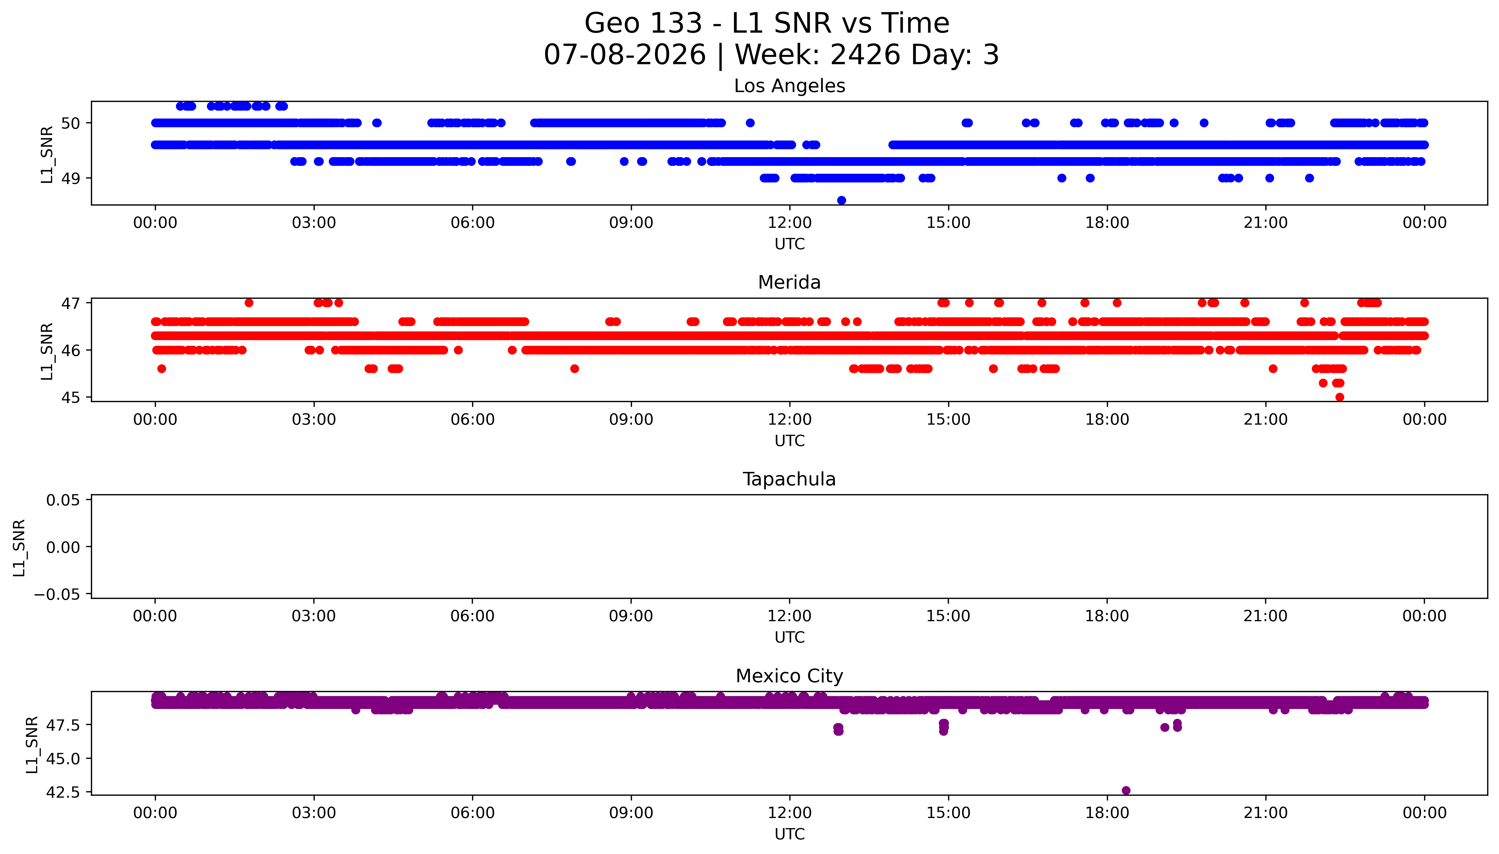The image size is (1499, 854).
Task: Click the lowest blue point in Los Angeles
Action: (841, 200)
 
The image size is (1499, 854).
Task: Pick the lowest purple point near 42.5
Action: (1125, 790)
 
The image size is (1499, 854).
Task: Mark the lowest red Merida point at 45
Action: (1340, 397)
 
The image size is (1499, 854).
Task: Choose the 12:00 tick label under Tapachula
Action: (790, 616)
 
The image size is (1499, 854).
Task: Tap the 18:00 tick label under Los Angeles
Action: (1107, 223)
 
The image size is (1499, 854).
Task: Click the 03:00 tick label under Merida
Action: (314, 419)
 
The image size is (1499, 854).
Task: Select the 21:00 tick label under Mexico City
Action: (1266, 813)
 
